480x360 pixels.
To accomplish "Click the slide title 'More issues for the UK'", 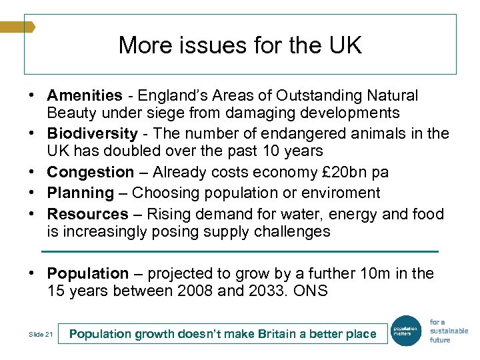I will [x=240, y=45].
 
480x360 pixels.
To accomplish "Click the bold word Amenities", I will [x=85, y=96].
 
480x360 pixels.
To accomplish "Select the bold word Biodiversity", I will [x=92, y=134].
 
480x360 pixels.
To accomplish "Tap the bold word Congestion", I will [x=91, y=172].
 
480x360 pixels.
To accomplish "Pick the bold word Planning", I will [x=81, y=193].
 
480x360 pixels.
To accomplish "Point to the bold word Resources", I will [x=87, y=215].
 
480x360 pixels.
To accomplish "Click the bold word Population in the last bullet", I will [x=87, y=274].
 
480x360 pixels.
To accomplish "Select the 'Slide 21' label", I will [x=41, y=334].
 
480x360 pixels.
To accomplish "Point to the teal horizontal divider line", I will [x=240, y=251].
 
